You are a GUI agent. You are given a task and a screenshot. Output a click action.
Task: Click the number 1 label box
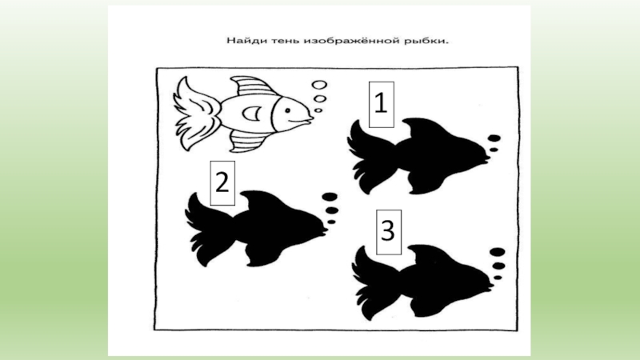tap(382, 105)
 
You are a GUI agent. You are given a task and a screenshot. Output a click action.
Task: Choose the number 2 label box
tap(222, 183)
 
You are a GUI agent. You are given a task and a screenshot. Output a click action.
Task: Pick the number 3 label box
tap(389, 232)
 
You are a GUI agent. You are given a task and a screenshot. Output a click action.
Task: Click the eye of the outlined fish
tap(288, 110)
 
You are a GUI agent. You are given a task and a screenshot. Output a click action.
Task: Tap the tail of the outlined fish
tap(195, 114)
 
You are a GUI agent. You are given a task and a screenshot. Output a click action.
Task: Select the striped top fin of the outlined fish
tap(251, 86)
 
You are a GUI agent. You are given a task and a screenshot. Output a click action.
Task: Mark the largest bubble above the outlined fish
tap(319, 85)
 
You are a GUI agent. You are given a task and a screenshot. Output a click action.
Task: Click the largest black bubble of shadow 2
tap(330, 197)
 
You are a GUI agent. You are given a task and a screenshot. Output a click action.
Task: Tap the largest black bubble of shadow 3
tap(497, 252)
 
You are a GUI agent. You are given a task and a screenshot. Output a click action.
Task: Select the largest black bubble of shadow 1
tap(494, 138)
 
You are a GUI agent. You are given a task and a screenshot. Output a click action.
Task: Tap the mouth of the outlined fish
tap(307, 118)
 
